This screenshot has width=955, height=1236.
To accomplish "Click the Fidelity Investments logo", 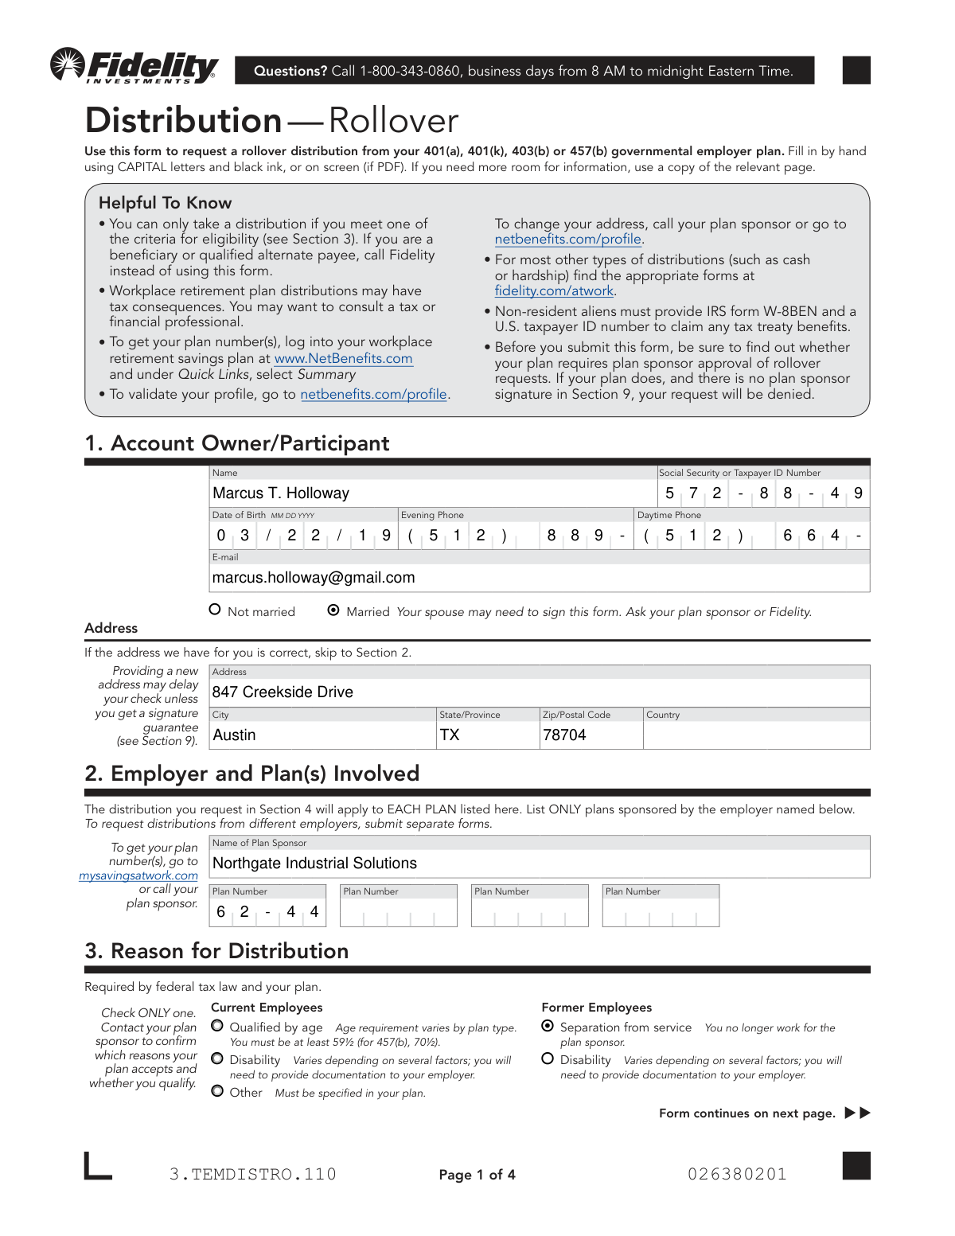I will click(x=134, y=66).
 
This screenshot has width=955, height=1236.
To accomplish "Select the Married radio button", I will click(x=333, y=610).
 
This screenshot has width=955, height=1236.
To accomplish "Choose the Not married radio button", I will click(x=215, y=610).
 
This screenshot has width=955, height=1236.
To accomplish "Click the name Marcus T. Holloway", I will click(x=281, y=493).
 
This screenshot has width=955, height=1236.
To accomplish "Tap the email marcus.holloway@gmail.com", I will click(x=314, y=578).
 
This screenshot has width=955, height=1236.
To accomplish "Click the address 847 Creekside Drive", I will click(x=283, y=692).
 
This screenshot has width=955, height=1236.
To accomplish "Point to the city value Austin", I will click(x=234, y=735).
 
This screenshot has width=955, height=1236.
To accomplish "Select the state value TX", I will click(x=450, y=735).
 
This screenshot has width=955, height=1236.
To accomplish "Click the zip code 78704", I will click(x=564, y=735).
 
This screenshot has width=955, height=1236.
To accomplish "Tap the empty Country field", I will click(x=755, y=735).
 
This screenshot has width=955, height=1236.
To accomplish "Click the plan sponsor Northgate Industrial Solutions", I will click(x=314, y=864).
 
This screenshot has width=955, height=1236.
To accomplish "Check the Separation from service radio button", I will click(x=548, y=1026).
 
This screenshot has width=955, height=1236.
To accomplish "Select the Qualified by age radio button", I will click(x=217, y=1026).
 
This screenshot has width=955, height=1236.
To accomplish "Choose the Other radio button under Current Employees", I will click(x=217, y=1091).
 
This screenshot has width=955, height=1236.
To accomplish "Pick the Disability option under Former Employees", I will click(x=548, y=1059).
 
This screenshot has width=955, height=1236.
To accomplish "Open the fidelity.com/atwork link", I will click(x=554, y=291).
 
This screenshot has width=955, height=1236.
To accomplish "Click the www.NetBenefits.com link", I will click(x=343, y=359).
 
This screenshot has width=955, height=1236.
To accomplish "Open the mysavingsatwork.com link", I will click(x=138, y=875).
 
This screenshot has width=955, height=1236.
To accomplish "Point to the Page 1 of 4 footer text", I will click(x=477, y=1175).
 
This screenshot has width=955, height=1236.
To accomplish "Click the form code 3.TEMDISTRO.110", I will click(x=253, y=1175).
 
